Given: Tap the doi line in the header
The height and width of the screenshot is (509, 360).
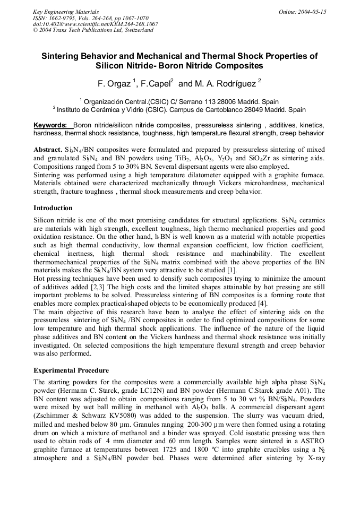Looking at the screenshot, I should [x=96, y=24].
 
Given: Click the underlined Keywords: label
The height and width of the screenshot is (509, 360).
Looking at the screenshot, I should [x=52, y=125].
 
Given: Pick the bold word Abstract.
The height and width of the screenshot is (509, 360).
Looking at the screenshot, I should [x=48, y=149].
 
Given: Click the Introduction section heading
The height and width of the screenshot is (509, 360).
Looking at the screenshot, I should [x=53, y=208].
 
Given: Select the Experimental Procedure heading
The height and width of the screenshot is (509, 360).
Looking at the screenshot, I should [x=71, y=370].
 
